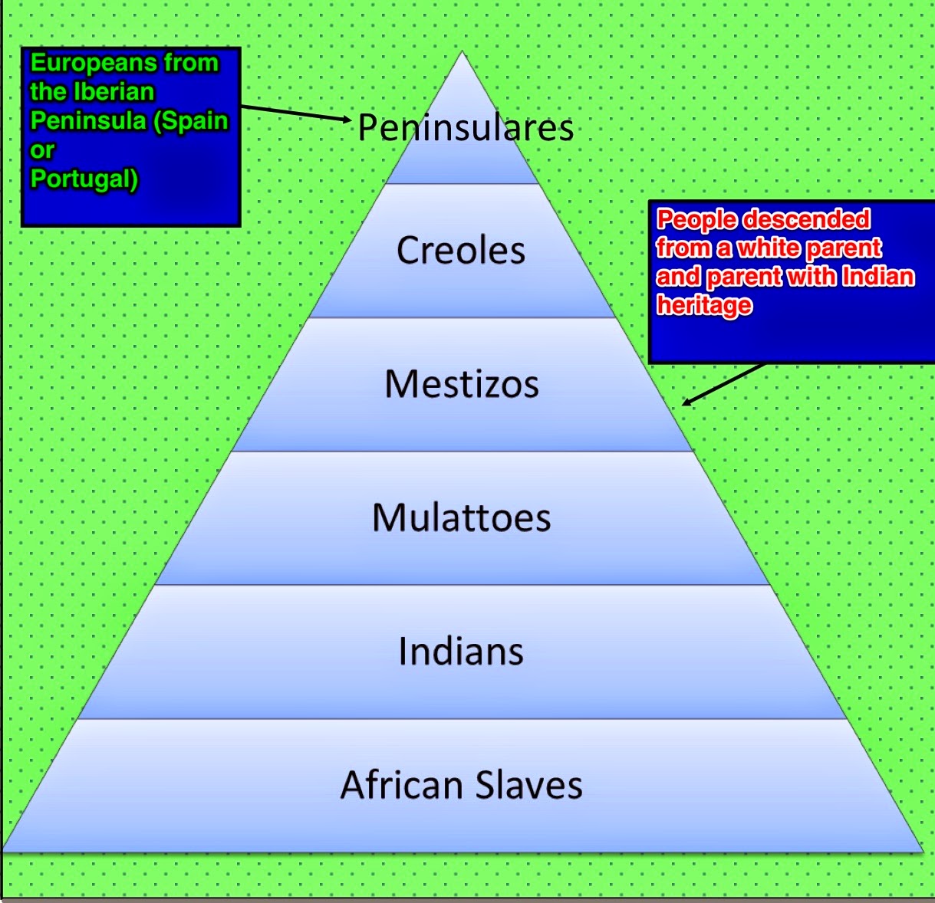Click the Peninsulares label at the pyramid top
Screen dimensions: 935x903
[466, 128]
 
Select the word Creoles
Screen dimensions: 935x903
[461, 251]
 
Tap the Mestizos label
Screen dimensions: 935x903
[462, 384]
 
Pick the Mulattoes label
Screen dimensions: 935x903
[461, 517]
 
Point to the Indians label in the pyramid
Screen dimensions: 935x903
[461, 651]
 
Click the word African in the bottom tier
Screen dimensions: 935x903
[401, 785]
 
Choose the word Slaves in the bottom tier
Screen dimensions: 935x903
[529, 785]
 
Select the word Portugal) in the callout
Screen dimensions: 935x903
[84, 179]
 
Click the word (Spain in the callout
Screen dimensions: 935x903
[191, 121]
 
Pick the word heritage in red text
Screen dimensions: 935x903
[704, 306]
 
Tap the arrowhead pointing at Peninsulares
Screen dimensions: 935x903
[347, 119]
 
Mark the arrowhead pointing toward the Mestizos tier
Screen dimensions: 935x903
[687, 402]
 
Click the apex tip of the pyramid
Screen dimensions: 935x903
[462, 51]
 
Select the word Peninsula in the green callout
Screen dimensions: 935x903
[88, 121]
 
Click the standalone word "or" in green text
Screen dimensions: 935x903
[42, 151]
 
